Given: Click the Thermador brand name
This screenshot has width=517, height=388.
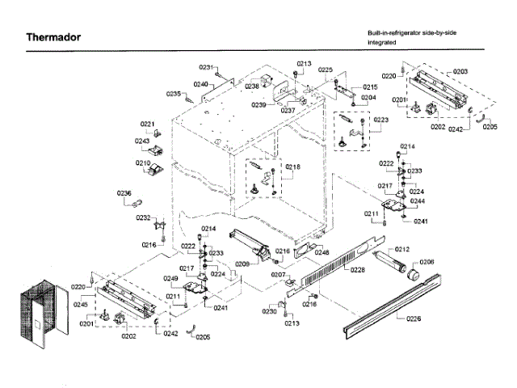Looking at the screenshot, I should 53,37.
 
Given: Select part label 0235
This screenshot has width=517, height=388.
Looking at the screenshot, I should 174,94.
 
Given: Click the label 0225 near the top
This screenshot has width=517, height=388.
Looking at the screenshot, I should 325,70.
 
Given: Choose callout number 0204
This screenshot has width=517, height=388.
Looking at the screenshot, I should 368,98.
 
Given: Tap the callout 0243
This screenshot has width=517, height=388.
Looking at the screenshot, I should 143,140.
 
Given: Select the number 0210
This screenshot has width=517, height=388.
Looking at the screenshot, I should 143,162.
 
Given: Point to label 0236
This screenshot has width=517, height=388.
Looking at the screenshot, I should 124,192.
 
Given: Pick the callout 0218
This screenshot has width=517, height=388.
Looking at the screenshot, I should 292,167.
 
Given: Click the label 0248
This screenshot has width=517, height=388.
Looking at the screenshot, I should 322,253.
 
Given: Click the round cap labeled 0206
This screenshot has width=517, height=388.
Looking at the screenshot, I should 417,273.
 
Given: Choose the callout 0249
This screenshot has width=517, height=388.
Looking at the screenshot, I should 170,279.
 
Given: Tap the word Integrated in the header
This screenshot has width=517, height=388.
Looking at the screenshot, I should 382,41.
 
